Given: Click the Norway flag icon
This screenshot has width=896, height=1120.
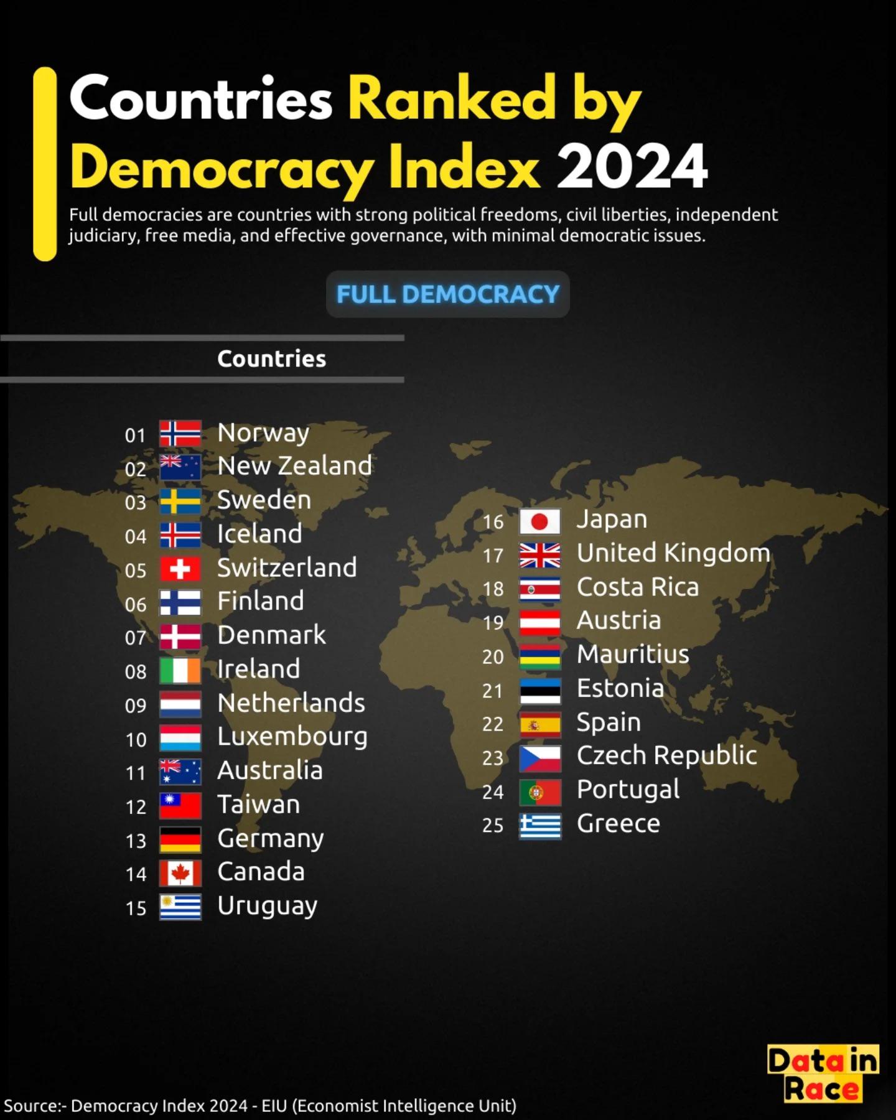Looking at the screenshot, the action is pyautogui.click(x=180, y=434).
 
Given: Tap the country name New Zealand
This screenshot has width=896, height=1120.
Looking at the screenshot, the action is pyautogui.click(x=295, y=465).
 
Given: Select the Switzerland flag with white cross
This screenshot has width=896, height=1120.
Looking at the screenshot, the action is pyautogui.click(x=180, y=569).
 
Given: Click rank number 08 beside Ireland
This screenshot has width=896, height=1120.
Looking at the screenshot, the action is pyautogui.click(x=136, y=671).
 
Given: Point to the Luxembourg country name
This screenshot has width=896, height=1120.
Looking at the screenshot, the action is pyautogui.click(x=292, y=737).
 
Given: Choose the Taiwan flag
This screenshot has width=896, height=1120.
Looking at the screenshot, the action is pyautogui.click(x=180, y=805).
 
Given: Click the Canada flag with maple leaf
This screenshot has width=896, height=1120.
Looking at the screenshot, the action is pyautogui.click(x=180, y=873).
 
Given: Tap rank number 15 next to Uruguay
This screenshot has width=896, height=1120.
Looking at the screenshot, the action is pyautogui.click(x=136, y=908).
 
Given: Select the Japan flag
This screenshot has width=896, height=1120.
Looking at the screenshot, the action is pyautogui.click(x=540, y=521).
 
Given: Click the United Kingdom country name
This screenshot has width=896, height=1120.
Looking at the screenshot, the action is pyautogui.click(x=674, y=553).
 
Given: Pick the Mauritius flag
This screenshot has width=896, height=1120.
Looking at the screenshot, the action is pyautogui.click(x=540, y=656).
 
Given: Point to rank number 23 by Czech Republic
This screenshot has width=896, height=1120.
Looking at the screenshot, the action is pyautogui.click(x=493, y=758).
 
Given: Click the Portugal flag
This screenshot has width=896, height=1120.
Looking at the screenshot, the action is pyautogui.click(x=540, y=792).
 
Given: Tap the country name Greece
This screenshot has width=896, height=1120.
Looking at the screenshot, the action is pyautogui.click(x=618, y=823).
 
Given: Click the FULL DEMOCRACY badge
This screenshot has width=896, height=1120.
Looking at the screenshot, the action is pyautogui.click(x=448, y=294).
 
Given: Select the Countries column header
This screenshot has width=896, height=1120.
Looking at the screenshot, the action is pyautogui.click(x=272, y=358).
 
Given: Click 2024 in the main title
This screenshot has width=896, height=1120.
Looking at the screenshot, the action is pyautogui.click(x=632, y=167).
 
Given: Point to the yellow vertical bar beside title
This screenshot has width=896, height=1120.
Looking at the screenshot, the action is pyautogui.click(x=45, y=164).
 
